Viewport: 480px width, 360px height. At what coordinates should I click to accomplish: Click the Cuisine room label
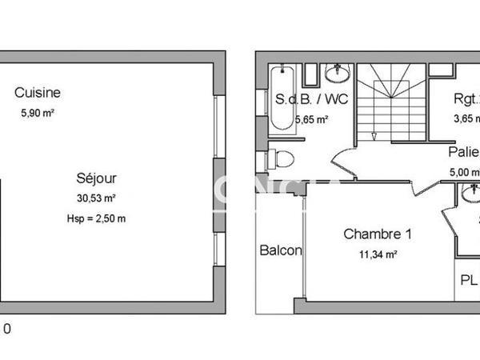pos(38,93)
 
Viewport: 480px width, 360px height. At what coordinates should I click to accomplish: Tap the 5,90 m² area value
pos(38,114)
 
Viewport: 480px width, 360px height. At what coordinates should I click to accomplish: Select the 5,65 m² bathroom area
pos(312,120)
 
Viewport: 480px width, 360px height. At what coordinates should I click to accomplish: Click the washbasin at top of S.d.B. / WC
pos(338,73)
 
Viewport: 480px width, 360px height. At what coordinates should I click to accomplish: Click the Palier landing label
pos(463,152)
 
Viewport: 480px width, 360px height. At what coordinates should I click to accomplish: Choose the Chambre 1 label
pos(378,234)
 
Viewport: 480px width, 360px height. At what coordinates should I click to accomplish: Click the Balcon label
pos(281,250)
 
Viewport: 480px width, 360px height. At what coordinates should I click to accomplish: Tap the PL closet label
pos(469,281)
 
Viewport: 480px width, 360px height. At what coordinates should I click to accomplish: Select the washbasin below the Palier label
pos(470,194)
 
